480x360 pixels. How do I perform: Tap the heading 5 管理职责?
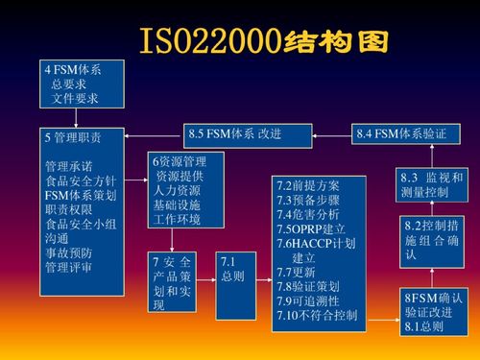[x=72, y=137]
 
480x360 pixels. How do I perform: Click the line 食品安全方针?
[x=81, y=180]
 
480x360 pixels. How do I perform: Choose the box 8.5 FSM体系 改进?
[x=235, y=133]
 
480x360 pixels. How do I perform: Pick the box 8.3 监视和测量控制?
[x=432, y=185]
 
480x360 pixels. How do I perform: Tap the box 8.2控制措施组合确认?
[x=432, y=240]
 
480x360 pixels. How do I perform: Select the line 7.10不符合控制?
[x=317, y=315]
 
